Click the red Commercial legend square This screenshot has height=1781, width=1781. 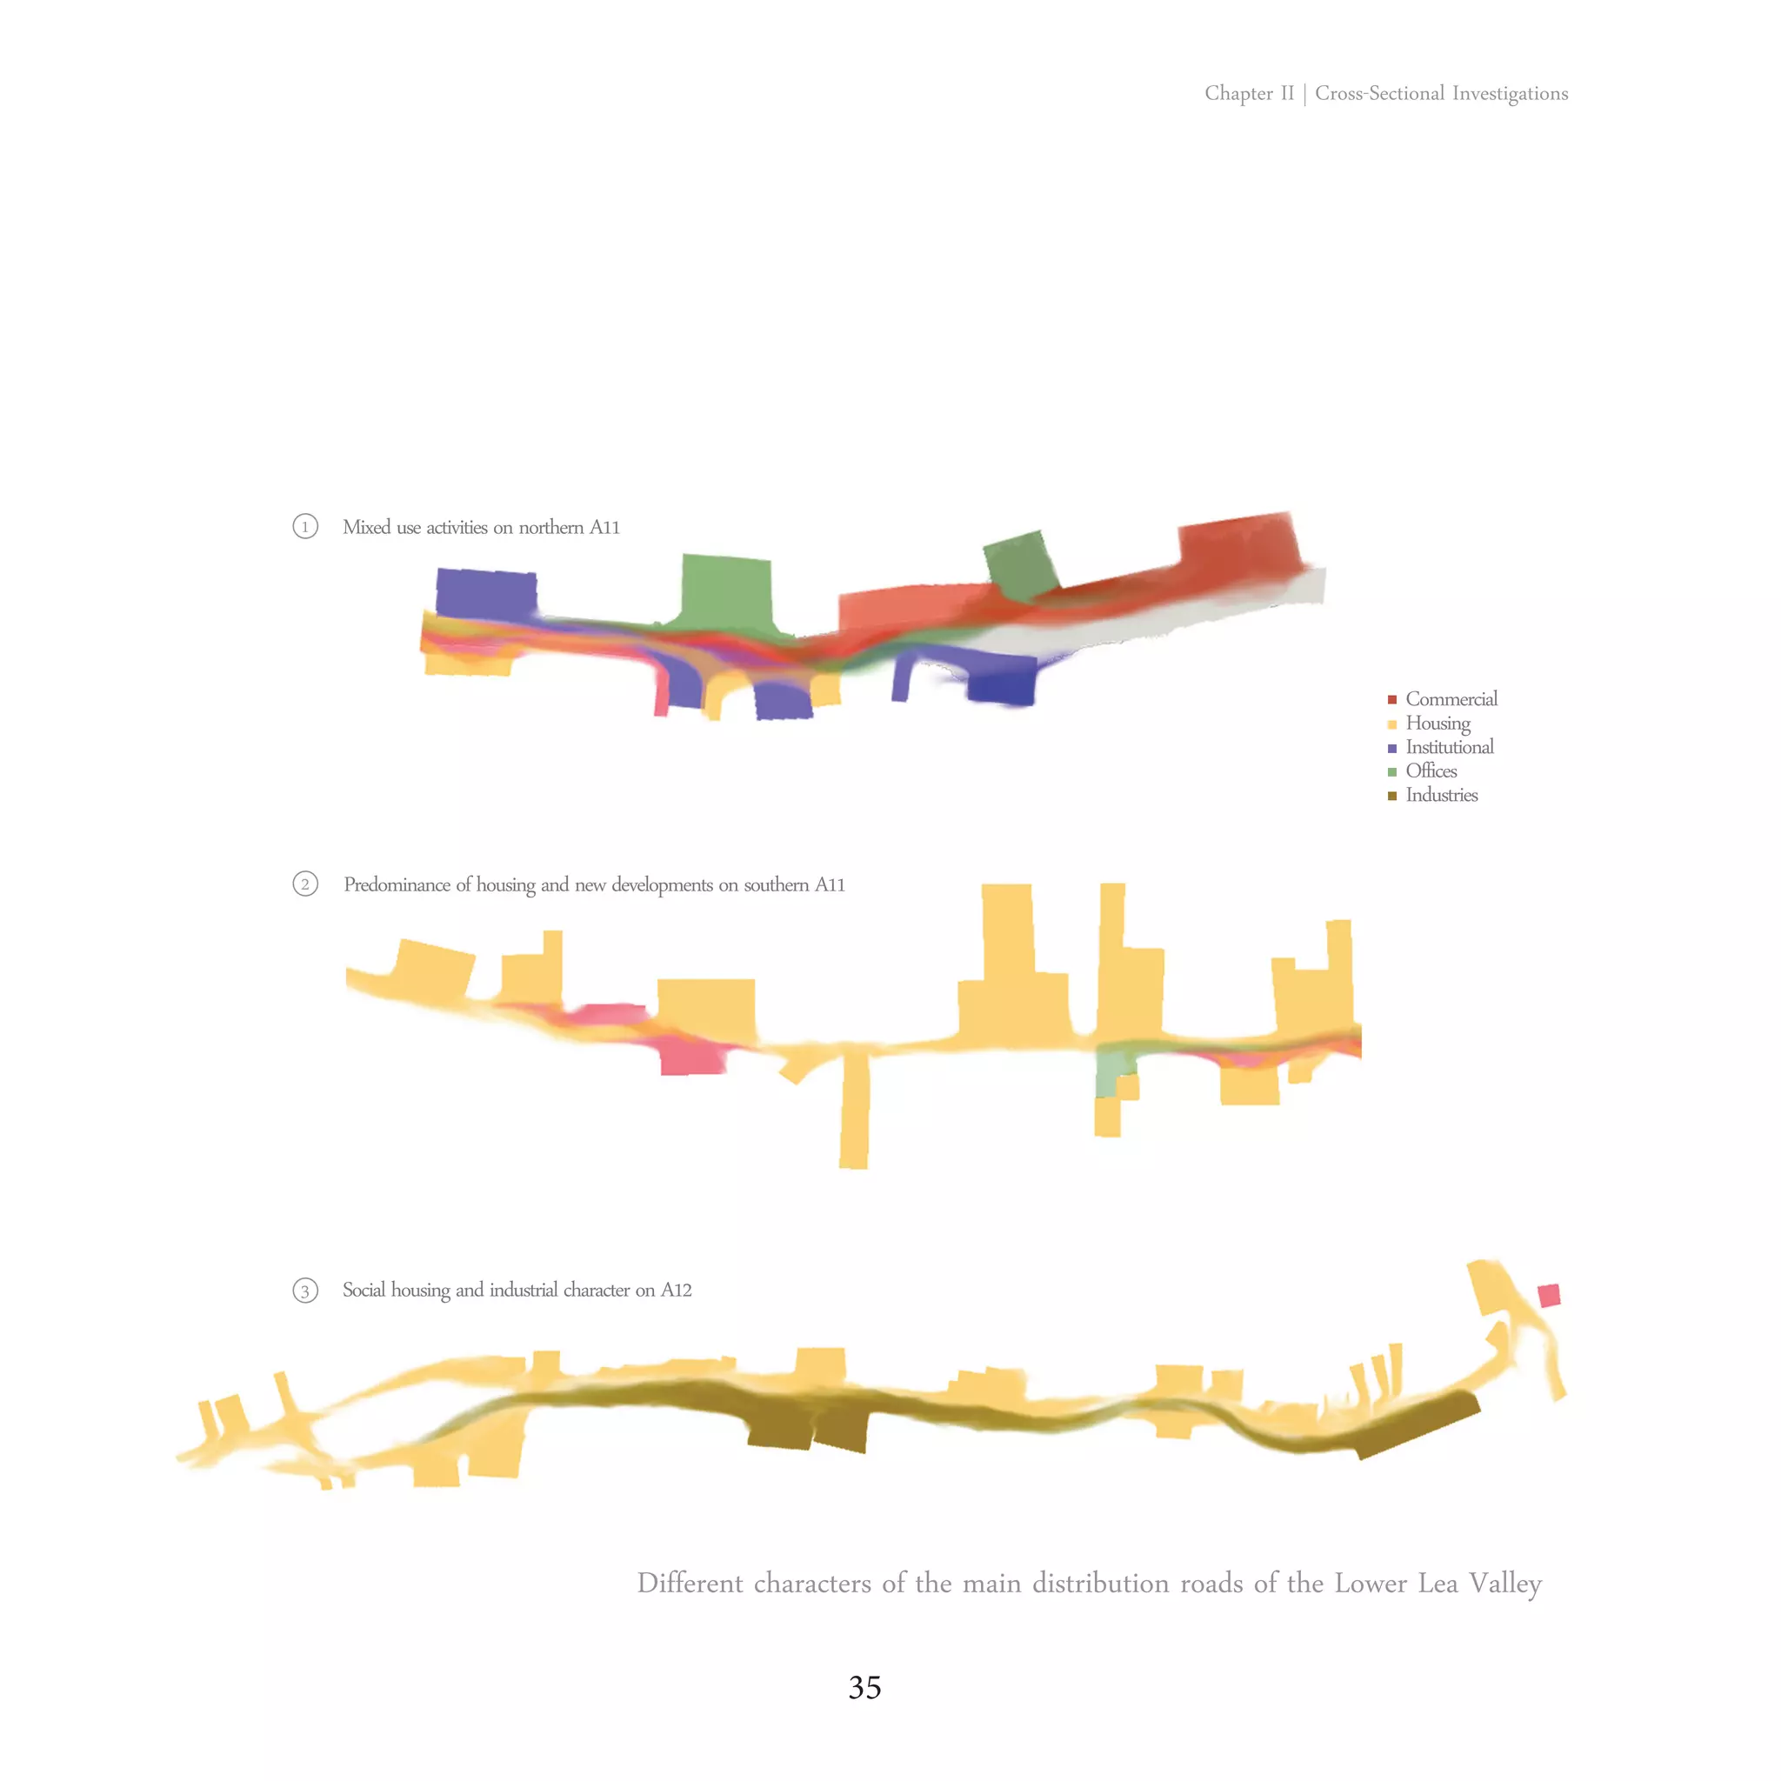[1392, 700]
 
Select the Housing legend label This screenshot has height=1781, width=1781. [1437, 724]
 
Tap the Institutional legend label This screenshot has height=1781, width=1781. [1449, 748]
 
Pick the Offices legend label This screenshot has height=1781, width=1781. [1431, 771]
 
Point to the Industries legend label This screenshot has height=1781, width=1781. [1441, 796]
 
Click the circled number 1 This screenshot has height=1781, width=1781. [305, 526]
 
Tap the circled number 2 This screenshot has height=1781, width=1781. [305, 884]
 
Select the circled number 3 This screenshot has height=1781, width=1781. [305, 1291]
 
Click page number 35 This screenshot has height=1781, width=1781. [864, 1687]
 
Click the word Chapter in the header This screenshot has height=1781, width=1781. [1238, 93]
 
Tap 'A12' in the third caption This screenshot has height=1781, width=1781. [676, 1290]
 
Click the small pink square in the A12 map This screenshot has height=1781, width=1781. [1549, 1295]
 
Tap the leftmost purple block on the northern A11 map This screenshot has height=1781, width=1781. [486, 593]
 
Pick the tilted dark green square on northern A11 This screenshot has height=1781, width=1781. [1020, 563]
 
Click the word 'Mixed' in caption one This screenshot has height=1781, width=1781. [367, 527]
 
